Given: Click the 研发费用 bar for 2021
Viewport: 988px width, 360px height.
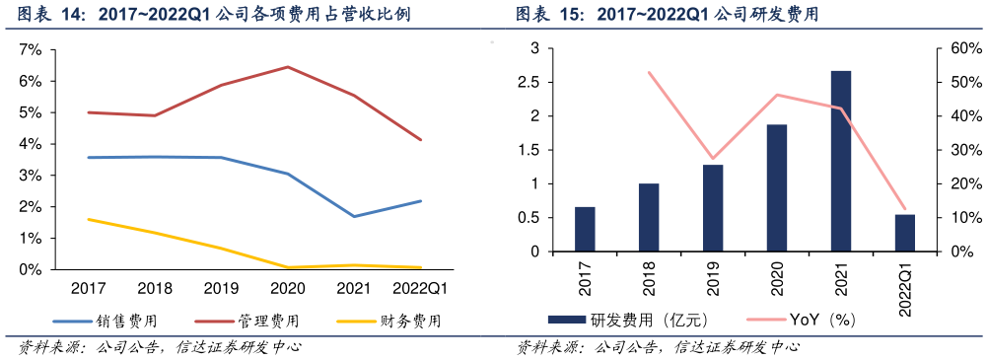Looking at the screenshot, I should click(x=841, y=162).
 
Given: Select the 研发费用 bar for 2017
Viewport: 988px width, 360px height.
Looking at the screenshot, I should click(x=585, y=230).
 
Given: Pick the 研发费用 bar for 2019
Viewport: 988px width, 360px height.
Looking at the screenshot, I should click(x=713, y=208).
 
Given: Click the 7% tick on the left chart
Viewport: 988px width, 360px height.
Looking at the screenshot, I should click(x=31, y=49).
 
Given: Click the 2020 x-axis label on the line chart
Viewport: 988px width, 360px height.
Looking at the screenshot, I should click(x=287, y=288).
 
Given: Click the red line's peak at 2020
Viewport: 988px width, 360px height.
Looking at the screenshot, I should click(x=287, y=67).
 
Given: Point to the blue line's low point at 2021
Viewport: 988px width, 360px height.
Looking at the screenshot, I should click(x=354, y=216).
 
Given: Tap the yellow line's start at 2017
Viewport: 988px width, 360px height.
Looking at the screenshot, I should click(x=89, y=219).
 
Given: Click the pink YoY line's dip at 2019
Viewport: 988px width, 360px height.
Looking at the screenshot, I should click(x=713, y=159).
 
